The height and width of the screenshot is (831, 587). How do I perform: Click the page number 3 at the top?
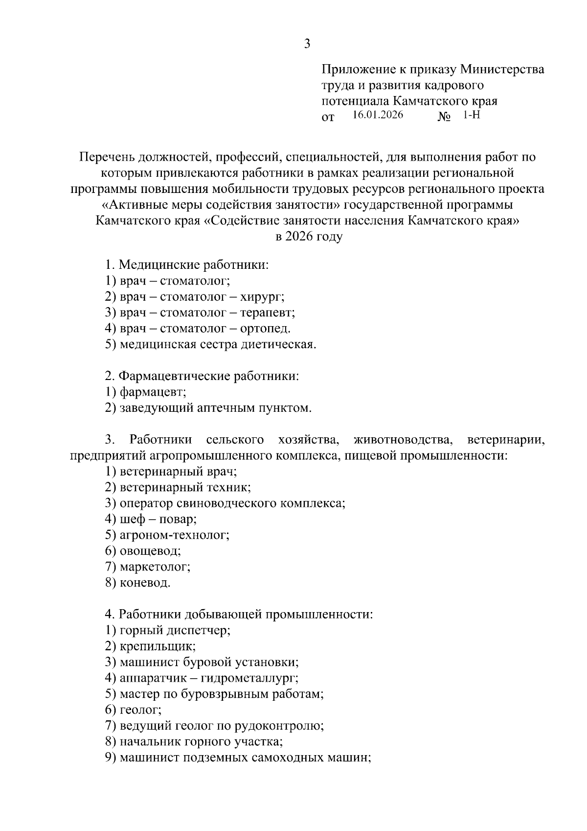tap(307, 44)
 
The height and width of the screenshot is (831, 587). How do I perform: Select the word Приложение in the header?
tap(358, 70)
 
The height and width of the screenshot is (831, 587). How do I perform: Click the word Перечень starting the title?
tap(105, 158)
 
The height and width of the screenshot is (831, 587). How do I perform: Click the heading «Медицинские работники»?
tap(194, 265)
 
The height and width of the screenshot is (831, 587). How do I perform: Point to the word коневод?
tap(145, 583)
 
